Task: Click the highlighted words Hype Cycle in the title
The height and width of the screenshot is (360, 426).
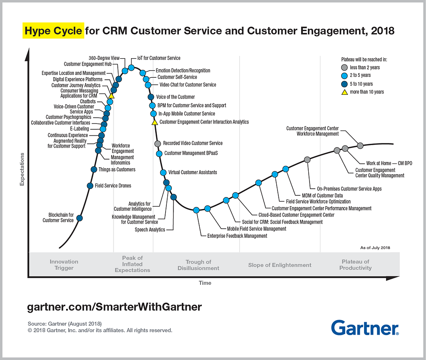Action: point(54,31)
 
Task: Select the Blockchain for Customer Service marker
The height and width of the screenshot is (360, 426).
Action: point(79,218)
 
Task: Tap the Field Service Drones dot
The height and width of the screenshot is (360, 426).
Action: point(89,186)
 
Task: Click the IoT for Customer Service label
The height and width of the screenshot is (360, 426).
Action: point(159,58)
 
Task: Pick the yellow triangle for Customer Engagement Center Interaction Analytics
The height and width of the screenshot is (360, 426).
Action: point(154,122)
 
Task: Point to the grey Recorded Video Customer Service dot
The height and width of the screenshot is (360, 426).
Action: point(158,143)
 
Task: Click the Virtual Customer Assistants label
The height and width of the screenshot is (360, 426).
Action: point(193,172)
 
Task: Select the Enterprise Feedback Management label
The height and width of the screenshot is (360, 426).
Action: point(237,236)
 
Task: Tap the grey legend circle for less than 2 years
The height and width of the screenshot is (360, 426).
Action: point(344,67)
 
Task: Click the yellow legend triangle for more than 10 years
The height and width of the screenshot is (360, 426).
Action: point(344,91)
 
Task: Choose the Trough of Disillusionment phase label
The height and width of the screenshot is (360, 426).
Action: point(198,265)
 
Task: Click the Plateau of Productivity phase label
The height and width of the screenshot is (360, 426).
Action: point(355,265)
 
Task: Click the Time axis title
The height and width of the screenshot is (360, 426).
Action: point(205,283)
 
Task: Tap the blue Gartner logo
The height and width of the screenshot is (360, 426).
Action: point(365,328)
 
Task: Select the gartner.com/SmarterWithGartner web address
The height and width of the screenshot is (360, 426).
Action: point(114,307)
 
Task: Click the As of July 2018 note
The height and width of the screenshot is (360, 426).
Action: point(375,248)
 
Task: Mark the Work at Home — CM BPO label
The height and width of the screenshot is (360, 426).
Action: point(389,163)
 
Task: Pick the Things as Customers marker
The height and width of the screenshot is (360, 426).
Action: point(94,169)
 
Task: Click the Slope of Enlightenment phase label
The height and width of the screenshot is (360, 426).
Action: point(280,265)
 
